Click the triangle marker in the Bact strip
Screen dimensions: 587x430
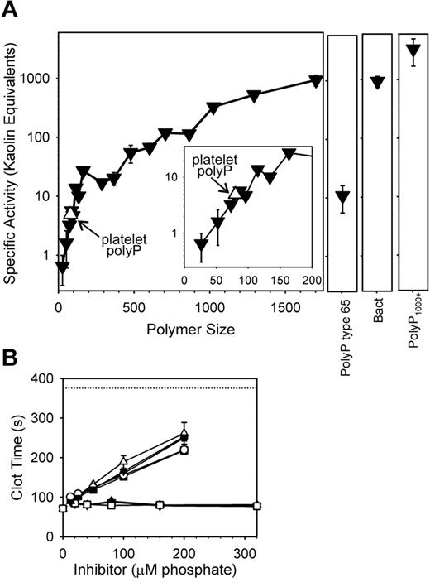pos(378,81)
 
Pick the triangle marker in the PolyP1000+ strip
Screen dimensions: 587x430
pos(413,51)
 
